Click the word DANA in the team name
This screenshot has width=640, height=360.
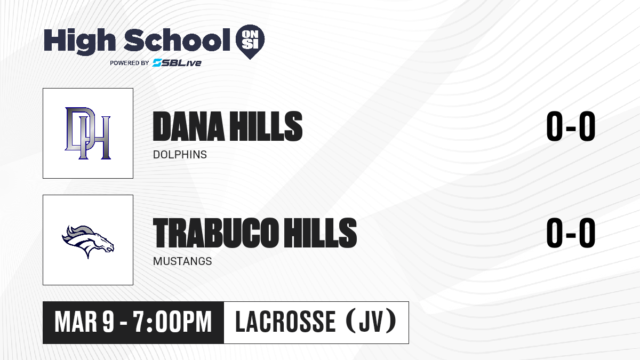189,126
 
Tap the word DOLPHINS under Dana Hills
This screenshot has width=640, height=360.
180,155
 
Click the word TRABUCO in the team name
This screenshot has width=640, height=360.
215,233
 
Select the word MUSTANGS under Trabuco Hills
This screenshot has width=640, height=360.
182,261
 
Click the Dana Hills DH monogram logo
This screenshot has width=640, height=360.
87,133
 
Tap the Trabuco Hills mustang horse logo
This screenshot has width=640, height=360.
88,242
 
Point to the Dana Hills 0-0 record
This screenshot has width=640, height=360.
571,126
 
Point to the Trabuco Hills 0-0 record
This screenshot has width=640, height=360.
571,233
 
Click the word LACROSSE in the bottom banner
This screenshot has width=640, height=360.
285,322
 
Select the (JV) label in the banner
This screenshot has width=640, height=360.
371,322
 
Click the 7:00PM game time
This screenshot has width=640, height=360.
172,322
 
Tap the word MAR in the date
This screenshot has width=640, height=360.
76,322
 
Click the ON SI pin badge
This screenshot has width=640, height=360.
250,42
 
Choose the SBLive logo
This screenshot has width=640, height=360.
177,62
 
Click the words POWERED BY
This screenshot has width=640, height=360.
130,63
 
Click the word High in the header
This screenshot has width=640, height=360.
79,41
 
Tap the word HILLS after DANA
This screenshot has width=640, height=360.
266,126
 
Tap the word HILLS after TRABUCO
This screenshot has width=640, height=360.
321,233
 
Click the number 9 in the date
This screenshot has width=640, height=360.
108,322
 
